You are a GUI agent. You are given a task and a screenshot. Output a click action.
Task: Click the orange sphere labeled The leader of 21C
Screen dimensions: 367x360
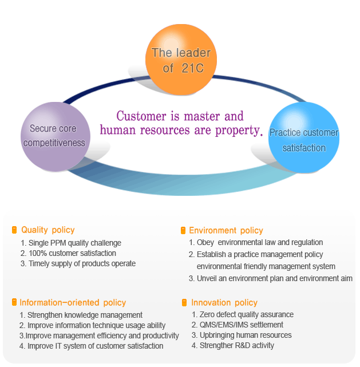(x=181, y=60)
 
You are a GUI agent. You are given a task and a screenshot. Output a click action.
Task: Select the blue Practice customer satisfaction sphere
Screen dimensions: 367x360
(x=303, y=140)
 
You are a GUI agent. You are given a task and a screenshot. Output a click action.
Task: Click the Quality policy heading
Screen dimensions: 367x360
(x=48, y=230)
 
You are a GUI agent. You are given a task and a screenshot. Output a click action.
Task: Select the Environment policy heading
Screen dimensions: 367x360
(x=226, y=231)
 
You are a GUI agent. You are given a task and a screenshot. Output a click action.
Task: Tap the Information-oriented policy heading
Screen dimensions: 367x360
(x=73, y=302)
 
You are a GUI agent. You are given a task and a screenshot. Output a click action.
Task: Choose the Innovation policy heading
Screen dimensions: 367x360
(x=224, y=302)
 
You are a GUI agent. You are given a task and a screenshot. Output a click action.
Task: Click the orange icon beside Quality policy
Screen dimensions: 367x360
(x=14, y=230)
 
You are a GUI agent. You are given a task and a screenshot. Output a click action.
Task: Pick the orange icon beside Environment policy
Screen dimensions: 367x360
(x=183, y=231)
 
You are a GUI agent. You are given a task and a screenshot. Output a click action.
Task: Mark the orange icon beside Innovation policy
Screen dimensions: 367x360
(x=184, y=302)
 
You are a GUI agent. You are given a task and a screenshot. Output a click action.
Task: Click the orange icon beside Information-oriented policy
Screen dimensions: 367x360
(x=14, y=302)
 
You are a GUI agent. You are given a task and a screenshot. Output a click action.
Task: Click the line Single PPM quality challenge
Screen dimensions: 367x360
(x=70, y=243)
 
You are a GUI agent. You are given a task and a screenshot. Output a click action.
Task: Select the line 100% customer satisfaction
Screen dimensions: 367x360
(x=68, y=253)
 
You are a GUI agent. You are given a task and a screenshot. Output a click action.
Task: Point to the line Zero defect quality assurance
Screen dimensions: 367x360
(x=243, y=314)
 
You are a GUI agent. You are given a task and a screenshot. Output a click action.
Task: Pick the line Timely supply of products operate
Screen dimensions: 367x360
(x=78, y=263)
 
